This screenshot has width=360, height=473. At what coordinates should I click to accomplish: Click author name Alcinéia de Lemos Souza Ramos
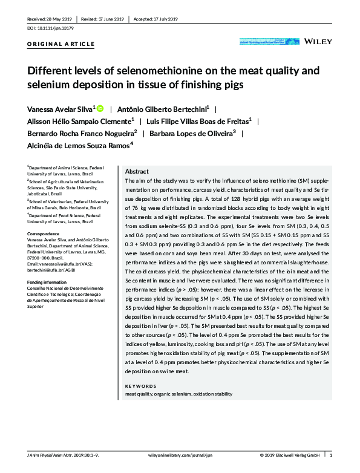point(79,145)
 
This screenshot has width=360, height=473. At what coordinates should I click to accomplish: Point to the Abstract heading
point(136,171)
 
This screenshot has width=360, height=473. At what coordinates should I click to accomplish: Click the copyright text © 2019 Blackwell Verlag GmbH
point(290,454)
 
